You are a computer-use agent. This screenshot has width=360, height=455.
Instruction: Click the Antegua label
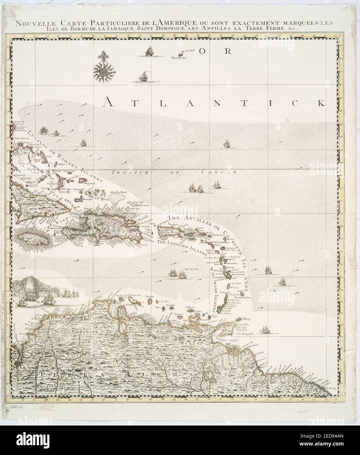230,248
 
